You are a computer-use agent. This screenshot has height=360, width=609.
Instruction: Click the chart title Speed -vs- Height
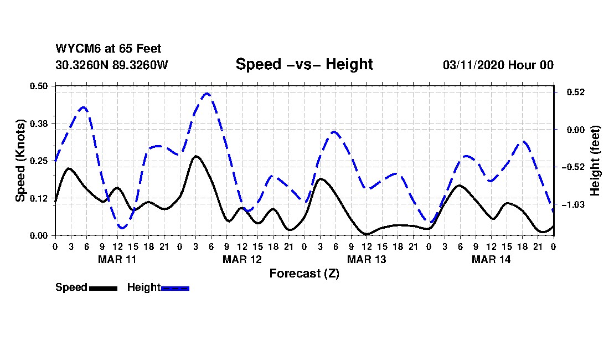tap(304, 64)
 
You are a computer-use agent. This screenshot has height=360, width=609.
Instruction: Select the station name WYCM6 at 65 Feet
tap(109, 49)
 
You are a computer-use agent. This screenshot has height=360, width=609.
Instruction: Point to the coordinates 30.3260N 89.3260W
tap(112, 65)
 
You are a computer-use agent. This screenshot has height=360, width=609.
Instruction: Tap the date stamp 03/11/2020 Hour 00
tap(498, 65)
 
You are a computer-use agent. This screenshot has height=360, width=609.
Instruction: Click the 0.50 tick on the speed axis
tap(40, 86)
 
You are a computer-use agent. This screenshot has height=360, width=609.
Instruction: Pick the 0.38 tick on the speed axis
tap(40, 122)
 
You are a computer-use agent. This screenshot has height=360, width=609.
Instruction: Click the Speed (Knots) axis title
tap(21, 160)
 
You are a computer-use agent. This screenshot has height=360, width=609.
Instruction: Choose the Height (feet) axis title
tap(596, 161)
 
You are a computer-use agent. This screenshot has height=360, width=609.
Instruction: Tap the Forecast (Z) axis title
tap(304, 273)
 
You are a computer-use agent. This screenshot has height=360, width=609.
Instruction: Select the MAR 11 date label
tap(117, 259)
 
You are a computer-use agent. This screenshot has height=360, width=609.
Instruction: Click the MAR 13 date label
tap(367, 259)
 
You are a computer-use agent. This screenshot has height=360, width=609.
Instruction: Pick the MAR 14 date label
tap(491, 259)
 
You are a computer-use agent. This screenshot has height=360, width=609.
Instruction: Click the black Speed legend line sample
tap(103, 288)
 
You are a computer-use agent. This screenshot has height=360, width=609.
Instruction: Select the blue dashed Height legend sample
tap(175, 288)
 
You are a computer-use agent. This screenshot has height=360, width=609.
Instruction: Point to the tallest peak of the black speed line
tap(196, 156)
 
